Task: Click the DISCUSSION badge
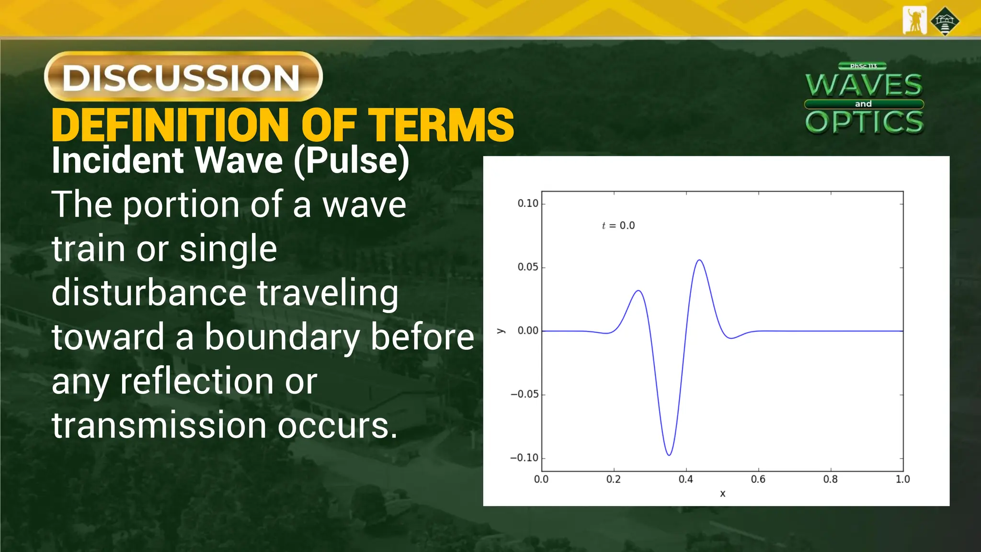(183, 77)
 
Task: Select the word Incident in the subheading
(118, 161)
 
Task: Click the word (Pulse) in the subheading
(352, 161)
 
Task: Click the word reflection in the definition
(196, 382)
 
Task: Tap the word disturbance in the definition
(149, 293)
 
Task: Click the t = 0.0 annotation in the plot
(618, 226)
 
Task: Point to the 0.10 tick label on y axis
(528, 204)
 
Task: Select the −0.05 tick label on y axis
(525, 394)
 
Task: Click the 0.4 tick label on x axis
(686, 480)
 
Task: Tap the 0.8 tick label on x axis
(831, 480)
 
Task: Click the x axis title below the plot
(723, 494)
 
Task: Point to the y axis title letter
(501, 331)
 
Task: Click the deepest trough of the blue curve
(669, 455)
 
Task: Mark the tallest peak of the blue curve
(700, 260)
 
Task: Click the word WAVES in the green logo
(864, 85)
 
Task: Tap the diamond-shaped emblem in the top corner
(945, 21)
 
